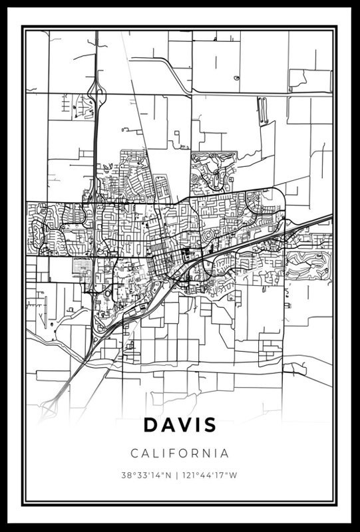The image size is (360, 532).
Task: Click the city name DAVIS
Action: [179, 424]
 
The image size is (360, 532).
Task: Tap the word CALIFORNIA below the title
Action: [180, 454]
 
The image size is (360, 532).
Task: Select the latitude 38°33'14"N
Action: [146, 475]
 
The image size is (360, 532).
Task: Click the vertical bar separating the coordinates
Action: [177, 475]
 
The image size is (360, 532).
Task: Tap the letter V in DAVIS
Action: [182, 424]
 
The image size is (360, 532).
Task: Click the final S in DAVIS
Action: [210, 424]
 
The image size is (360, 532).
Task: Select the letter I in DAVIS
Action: [196, 424]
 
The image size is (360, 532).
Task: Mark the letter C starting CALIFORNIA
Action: [134, 454]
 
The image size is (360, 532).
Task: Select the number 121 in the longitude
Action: [190, 475]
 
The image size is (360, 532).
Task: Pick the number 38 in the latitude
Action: [125, 475]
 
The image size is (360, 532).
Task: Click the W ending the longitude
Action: [235, 475]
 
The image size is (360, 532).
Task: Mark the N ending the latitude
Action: [169, 475]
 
